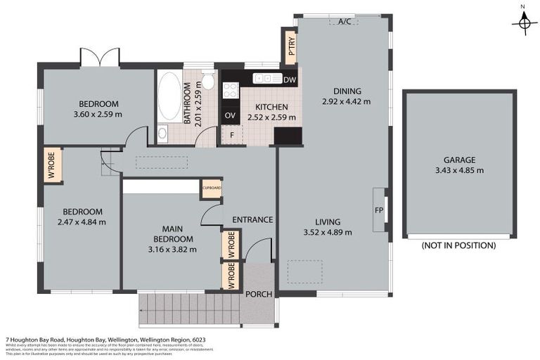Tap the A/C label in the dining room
(345, 22)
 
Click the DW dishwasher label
(290, 79)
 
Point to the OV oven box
(230, 115)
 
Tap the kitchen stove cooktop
(230, 90)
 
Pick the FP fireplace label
(379, 209)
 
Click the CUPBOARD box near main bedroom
(212, 188)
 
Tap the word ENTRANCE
(252, 220)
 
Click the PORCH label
(257, 294)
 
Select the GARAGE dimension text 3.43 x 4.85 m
(459, 170)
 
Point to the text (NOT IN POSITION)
(458, 245)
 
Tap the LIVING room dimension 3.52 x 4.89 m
(327, 232)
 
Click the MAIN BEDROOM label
(172, 234)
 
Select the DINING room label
(347, 91)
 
